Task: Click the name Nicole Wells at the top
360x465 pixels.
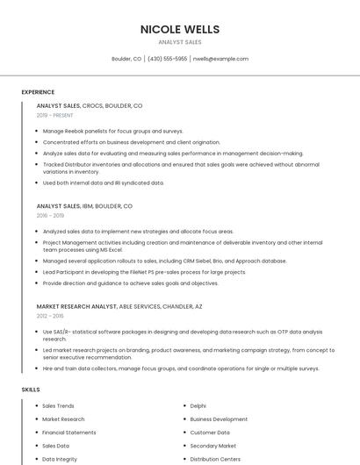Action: pos(180,29)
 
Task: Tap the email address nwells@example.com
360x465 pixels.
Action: pos(220,59)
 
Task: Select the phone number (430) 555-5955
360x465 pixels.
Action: pos(167,59)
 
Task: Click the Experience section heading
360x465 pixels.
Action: pos(38,92)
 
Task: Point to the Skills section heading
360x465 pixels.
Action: pos(31,389)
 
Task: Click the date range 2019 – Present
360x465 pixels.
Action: pos(54,115)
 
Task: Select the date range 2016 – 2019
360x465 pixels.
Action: pos(50,215)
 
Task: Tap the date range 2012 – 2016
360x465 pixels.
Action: pos(50,316)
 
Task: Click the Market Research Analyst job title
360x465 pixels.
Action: pos(76,306)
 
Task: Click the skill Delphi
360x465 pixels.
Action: pos(198,406)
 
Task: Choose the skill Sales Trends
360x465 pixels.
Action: pos(58,406)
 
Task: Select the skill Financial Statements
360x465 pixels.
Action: pos(69,433)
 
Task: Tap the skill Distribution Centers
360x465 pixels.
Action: pos(215,459)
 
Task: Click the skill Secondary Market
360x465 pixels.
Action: pos(213,446)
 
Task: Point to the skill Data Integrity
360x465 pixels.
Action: pos(60,459)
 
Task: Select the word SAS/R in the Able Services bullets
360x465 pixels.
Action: pos(64,332)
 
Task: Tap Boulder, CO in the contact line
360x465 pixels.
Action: pos(126,59)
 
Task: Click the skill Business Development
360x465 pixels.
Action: pos(219,419)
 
